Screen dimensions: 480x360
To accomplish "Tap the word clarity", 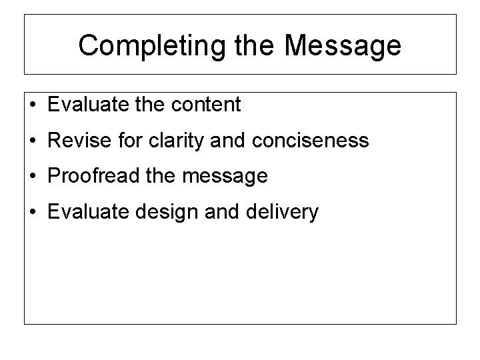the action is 173,141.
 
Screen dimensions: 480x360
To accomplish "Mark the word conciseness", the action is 311,141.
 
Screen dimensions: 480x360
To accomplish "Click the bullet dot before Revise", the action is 34,141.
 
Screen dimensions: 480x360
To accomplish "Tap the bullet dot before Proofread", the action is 34,177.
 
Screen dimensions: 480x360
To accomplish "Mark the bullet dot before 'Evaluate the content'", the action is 34,105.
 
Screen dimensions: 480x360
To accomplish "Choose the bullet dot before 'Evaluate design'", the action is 34,213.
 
